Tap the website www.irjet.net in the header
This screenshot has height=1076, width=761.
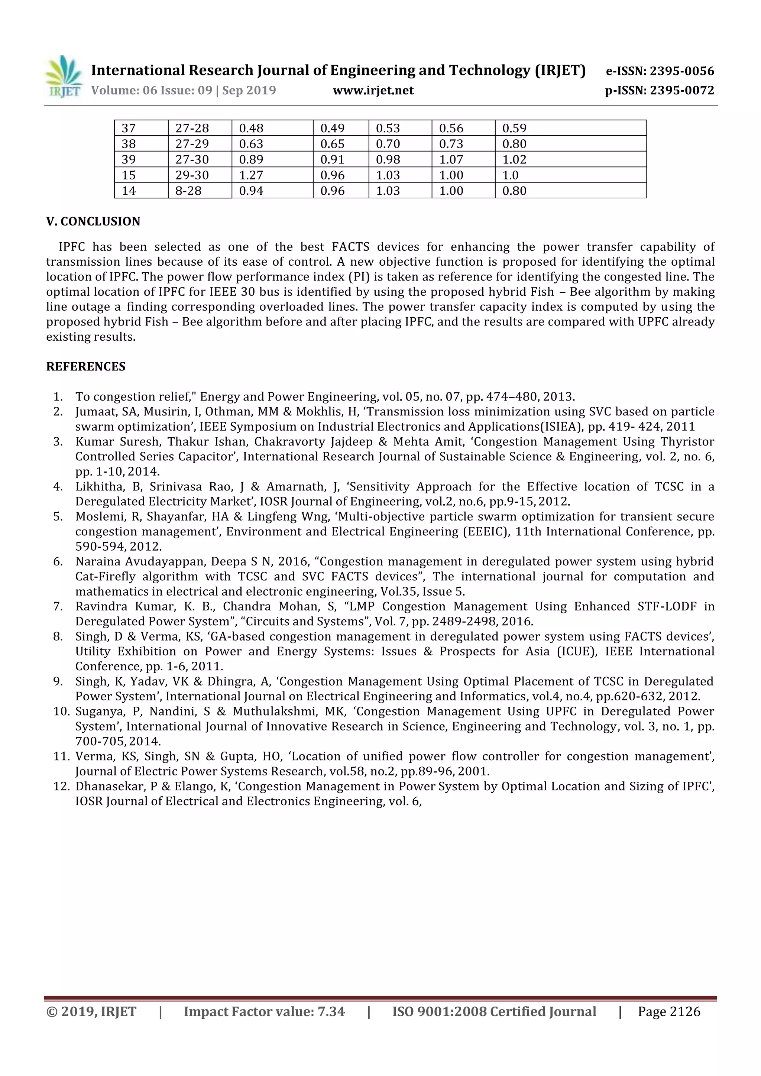(x=373, y=90)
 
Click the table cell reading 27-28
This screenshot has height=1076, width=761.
(x=192, y=128)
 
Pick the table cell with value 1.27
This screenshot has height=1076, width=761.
(x=251, y=175)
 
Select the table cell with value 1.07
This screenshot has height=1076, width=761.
(x=451, y=159)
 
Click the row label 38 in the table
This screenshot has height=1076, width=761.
(x=129, y=144)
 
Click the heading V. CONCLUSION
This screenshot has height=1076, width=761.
(x=93, y=221)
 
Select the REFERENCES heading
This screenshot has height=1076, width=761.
(x=86, y=366)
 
